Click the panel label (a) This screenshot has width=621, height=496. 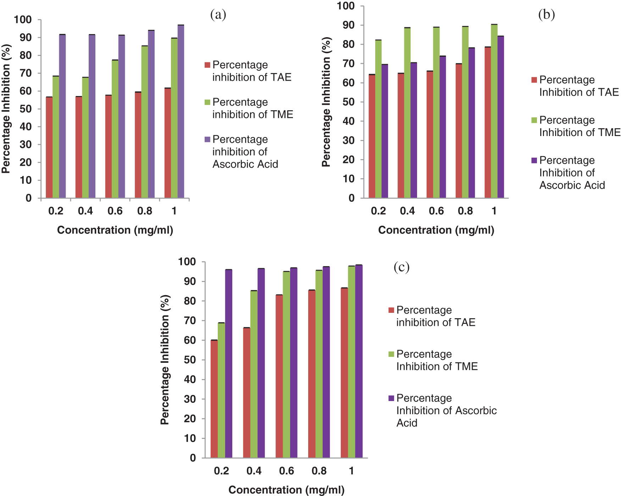[x=218, y=15]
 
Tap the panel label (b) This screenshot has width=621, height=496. [x=546, y=15]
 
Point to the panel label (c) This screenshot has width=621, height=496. [x=401, y=267]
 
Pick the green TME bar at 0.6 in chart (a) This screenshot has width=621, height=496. [x=115, y=129]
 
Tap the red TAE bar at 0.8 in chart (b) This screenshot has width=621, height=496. [x=459, y=131]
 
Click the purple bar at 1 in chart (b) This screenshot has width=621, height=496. [x=500, y=117]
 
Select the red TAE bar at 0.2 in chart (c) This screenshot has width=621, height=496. [x=214, y=399]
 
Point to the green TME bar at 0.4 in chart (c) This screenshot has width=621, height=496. [x=254, y=374]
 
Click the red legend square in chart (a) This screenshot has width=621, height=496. [x=207, y=65]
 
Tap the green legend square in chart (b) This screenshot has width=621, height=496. [x=534, y=120]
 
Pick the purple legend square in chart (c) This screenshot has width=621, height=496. [x=391, y=398]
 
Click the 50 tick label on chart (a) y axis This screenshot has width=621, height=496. [x=26, y=109]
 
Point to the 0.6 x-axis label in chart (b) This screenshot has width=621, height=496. [x=436, y=211]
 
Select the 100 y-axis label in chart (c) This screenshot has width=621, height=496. [x=187, y=262]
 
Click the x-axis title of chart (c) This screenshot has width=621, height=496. [x=286, y=490]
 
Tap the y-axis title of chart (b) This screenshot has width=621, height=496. [x=326, y=102]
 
